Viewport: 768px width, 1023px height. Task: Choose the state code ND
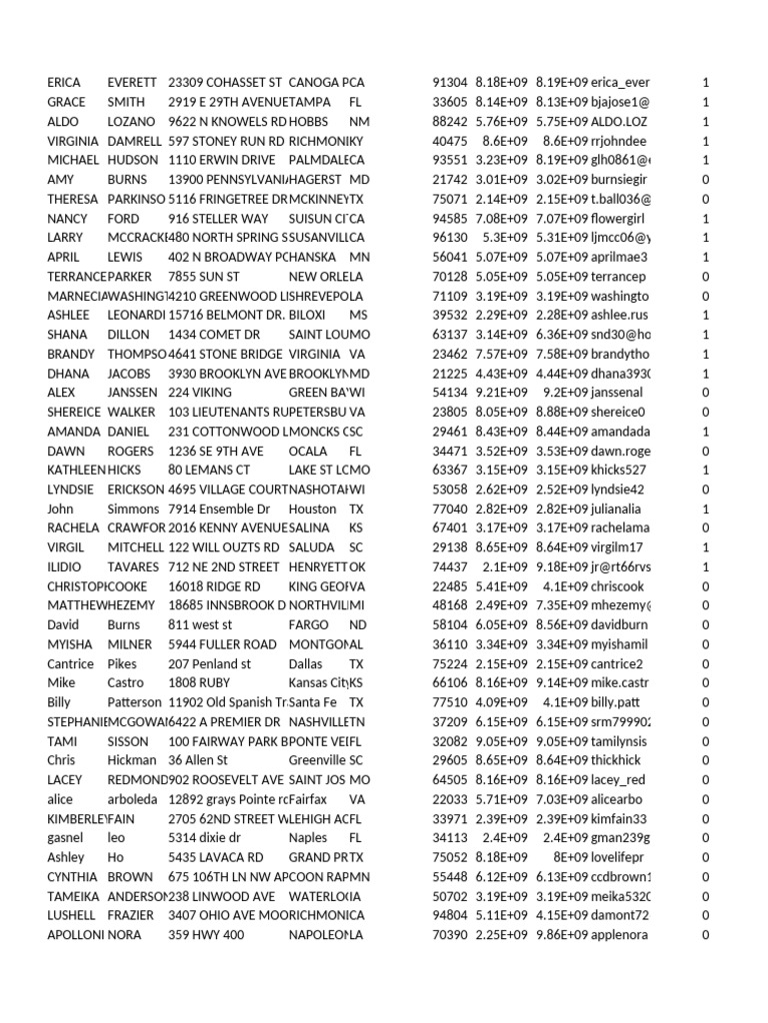(x=357, y=624)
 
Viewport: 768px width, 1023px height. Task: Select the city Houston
(x=313, y=509)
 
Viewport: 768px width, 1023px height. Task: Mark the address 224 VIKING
(x=200, y=393)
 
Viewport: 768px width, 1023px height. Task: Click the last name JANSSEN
(x=132, y=393)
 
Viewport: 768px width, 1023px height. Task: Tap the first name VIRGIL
(x=67, y=547)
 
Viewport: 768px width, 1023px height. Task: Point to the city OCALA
(x=307, y=451)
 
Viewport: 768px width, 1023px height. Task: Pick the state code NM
(x=359, y=121)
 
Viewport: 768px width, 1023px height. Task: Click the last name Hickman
(x=132, y=760)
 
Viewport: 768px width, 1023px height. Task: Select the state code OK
(x=357, y=566)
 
